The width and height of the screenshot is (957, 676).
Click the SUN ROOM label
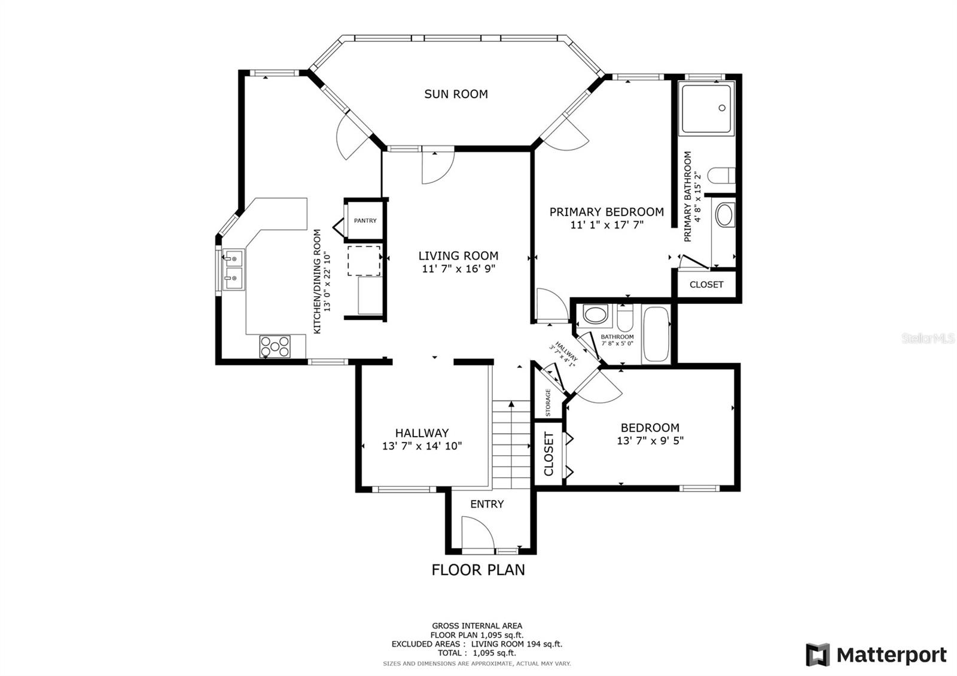456,94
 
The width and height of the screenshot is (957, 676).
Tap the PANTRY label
365,221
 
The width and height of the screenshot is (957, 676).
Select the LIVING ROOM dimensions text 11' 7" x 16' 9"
458,269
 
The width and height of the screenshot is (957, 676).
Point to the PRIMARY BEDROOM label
606,212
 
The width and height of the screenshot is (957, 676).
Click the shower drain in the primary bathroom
722,108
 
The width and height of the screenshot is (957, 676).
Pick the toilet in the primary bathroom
721,176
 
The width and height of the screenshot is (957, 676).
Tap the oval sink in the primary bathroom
724,215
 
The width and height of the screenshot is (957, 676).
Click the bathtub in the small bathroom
656,334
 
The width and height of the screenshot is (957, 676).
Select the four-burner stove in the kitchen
275,346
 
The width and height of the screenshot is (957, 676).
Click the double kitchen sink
234,269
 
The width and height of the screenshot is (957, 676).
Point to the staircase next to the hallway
511,444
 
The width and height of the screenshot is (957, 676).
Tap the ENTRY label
487,504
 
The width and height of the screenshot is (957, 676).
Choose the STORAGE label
548,402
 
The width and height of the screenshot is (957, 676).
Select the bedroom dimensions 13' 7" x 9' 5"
650,440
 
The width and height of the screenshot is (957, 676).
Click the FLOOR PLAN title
478,570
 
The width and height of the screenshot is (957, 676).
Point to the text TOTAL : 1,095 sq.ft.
477,653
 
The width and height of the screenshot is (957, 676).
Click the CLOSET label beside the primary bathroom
706,285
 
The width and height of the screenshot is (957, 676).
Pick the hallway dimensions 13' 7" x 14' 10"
422,446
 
